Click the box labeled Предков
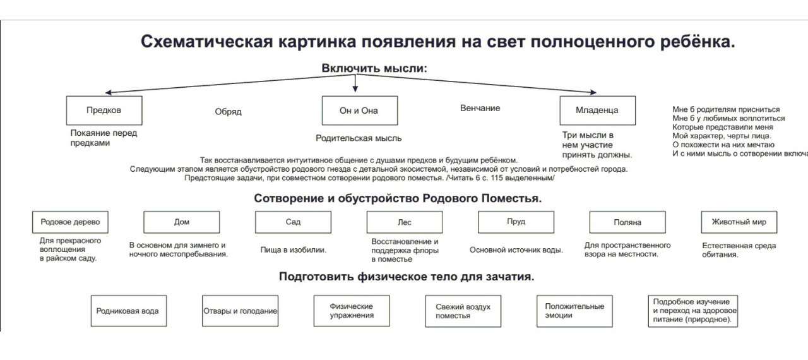pos(104,111)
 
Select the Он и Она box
pos(359,111)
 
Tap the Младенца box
pos(597,111)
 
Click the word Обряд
pos(228,112)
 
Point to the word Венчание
pos(480,108)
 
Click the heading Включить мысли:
pos(374,68)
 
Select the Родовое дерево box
pos(70,222)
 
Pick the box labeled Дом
pos(181,222)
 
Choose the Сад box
pos(293,222)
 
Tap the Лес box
pos(404,222)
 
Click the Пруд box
pos(516,222)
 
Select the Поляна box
pos(627,222)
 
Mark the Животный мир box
pos(739,222)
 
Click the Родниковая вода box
pos(128,311)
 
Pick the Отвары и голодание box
pos(240,311)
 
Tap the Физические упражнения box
pos(351,311)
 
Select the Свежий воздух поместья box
pos(463,311)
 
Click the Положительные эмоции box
pos(574,311)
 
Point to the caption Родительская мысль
pos(359,138)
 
